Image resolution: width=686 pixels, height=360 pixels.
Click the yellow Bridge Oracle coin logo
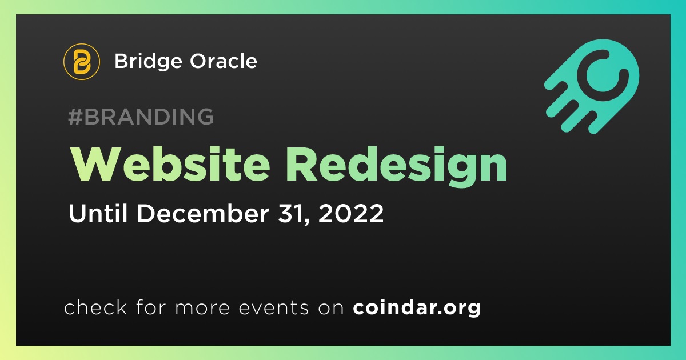pyautogui.click(x=81, y=62)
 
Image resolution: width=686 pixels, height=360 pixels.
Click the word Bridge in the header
pyautogui.click(x=148, y=62)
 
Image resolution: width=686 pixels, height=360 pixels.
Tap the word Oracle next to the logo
pyautogui.click(x=224, y=61)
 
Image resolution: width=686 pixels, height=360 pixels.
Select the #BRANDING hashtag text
pyautogui.click(x=141, y=117)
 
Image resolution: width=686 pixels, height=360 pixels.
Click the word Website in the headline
pyautogui.click(x=170, y=165)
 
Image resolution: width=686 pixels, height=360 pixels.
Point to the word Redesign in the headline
pyautogui.click(x=396, y=167)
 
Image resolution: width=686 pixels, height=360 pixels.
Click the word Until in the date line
pyautogui.click(x=98, y=213)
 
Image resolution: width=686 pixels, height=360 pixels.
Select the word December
pyautogui.click(x=203, y=213)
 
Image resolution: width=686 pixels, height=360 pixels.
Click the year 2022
pyautogui.click(x=351, y=213)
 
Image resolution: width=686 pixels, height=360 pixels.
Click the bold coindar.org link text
pyautogui.click(x=417, y=308)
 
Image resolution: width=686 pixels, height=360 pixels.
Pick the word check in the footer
pyautogui.click(x=95, y=307)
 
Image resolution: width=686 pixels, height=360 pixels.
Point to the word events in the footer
pyautogui.click(x=273, y=308)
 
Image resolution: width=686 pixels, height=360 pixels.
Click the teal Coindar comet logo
pyautogui.click(x=592, y=86)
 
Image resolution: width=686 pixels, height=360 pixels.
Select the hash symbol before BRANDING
pyautogui.click(x=75, y=117)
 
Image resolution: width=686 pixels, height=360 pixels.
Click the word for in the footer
pyautogui.click(x=151, y=307)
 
